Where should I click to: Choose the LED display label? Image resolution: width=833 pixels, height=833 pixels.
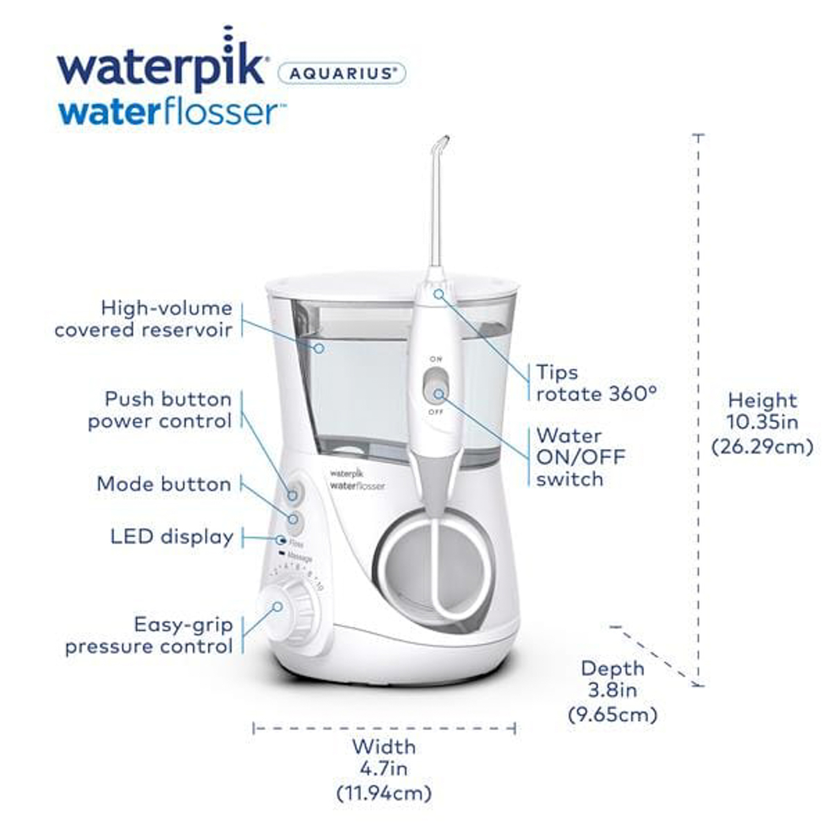pyautogui.click(x=172, y=537)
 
